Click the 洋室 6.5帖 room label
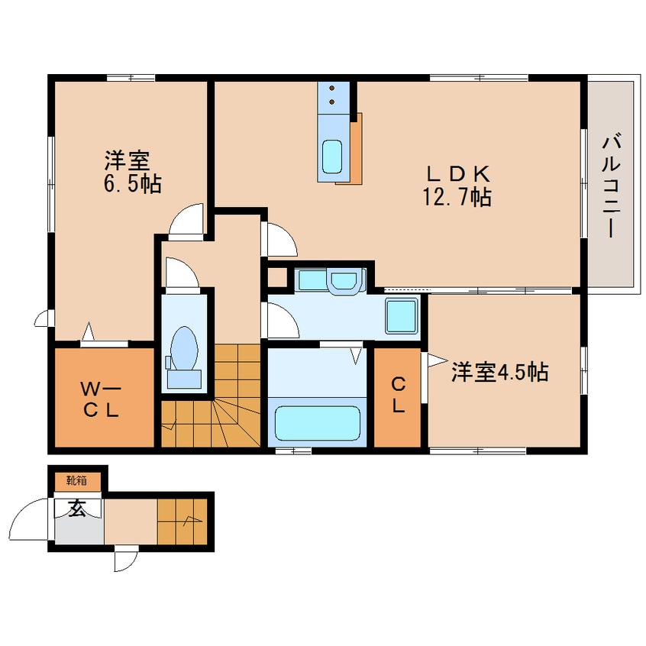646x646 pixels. tap(132, 173)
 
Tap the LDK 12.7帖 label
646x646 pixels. tap(457, 186)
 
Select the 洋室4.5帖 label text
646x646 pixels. tap(499, 372)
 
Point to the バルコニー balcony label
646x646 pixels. tap(612, 186)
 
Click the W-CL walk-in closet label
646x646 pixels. tap(101, 399)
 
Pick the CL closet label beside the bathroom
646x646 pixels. tap(398, 396)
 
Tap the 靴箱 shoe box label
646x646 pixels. tap(77, 480)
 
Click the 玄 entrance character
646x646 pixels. tap(77, 509)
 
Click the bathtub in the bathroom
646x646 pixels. tap(317, 423)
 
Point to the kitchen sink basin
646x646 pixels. tap(332, 157)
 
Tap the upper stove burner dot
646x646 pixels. tap(332, 88)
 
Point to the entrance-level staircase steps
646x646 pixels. tap(182, 521)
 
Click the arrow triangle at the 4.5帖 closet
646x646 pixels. tap(437, 360)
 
